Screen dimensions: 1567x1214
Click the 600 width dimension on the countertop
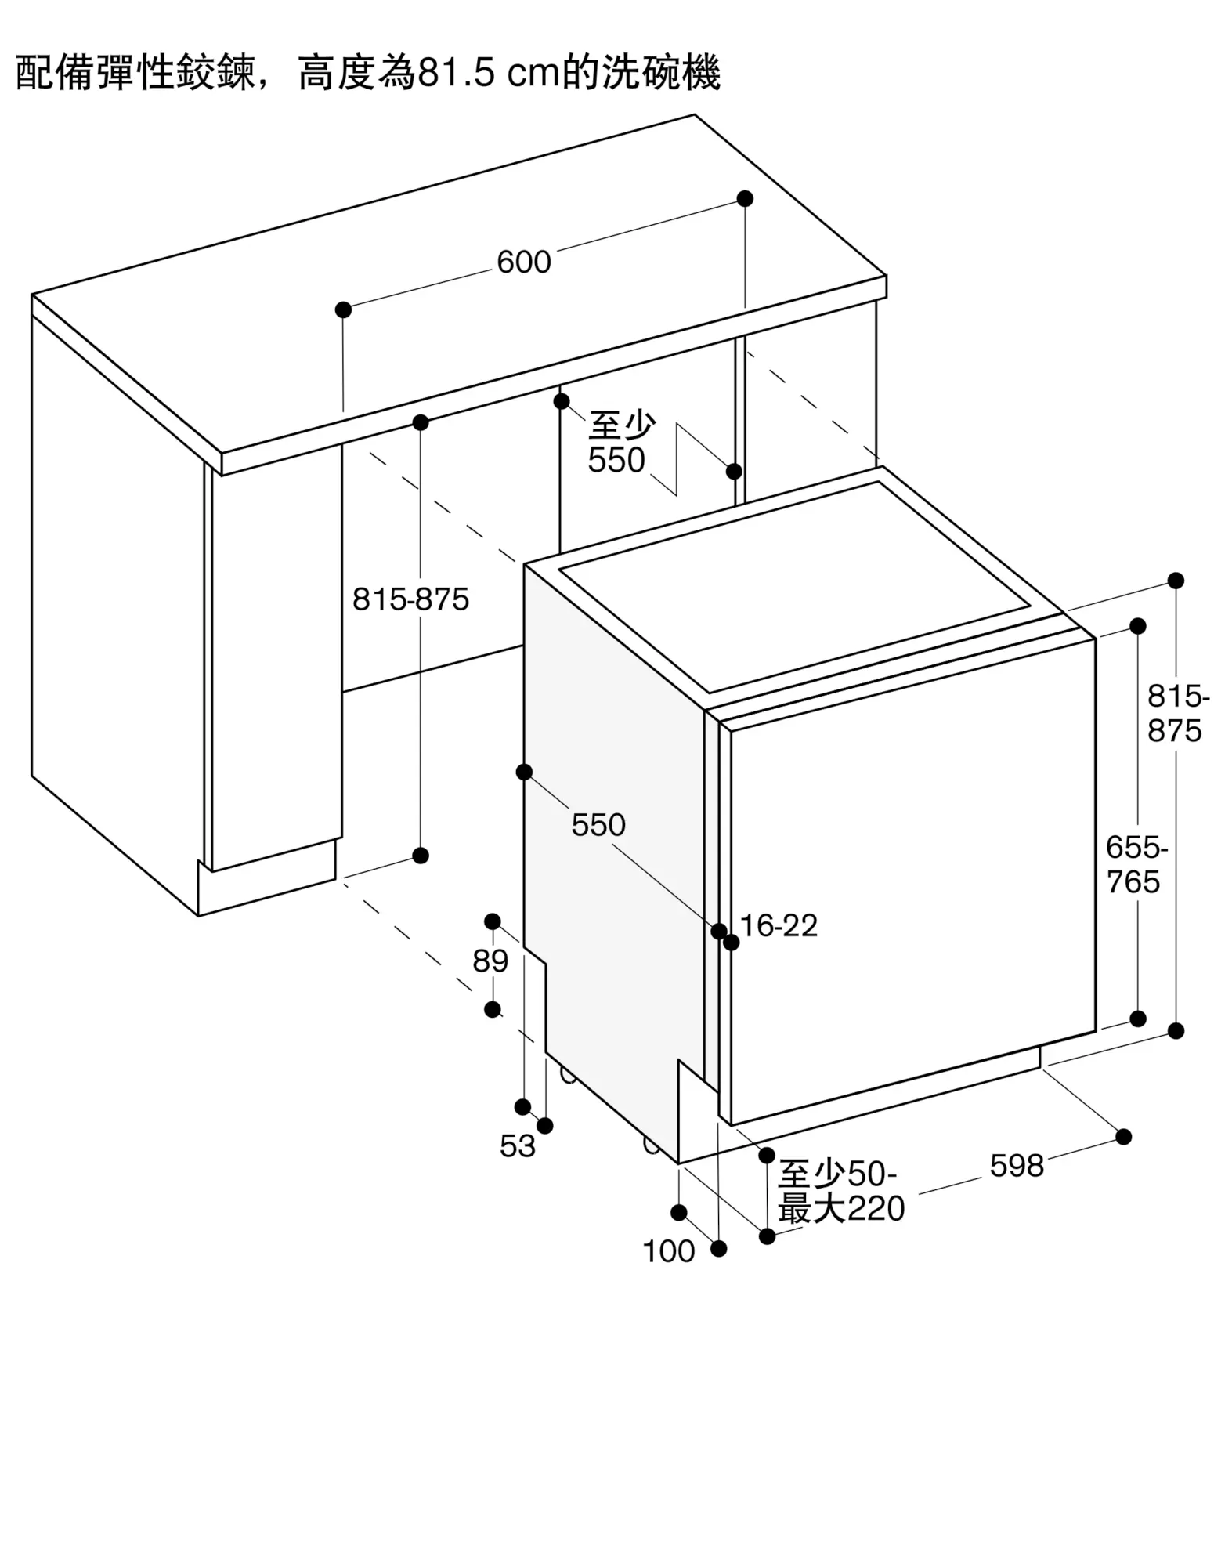coord(524,262)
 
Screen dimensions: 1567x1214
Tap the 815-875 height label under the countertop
coord(410,600)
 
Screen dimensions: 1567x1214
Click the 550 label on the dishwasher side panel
coord(598,825)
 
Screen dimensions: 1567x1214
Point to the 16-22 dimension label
coord(779,926)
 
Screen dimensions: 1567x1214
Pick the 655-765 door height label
coord(1136,865)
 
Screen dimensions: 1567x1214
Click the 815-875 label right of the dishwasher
coord(1176,714)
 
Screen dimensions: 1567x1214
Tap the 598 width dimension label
coord(1017,1166)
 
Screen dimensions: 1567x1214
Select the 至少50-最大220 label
coord(840,1192)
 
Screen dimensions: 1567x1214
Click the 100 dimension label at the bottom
coord(668,1252)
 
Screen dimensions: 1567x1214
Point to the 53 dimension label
coord(517,1146)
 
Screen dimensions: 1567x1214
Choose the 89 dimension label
coord(490,961)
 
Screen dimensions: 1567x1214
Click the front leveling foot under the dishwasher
coord(652,1145)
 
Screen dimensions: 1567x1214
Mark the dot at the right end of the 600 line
coord(745,198)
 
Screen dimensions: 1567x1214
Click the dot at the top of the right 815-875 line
coord(1176,581)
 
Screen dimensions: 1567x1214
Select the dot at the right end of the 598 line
coord(1123,1137)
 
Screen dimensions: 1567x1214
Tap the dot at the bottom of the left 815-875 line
coord(421,855)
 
